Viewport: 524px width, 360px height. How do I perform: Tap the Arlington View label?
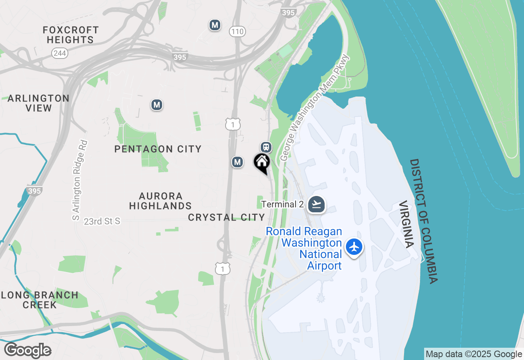(x=38, y=103)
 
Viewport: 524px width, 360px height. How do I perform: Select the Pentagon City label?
(x=158, y=149)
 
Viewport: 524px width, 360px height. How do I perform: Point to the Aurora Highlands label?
(x=160, y=201)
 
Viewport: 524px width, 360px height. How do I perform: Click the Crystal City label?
(x=226, y=217)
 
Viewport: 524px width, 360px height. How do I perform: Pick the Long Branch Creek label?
(x=39, y=300)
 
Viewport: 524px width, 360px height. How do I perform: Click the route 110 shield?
(x=237, y=32)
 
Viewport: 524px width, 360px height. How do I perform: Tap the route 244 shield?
(x=60, y=53)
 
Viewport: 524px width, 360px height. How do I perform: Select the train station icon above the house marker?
(x=266, y=147)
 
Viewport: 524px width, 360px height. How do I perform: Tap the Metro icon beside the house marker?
(x=237, y=162)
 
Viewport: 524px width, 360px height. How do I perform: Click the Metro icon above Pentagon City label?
(x=156, y=105)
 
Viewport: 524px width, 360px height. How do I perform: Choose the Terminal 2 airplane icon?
(x=316, y=204)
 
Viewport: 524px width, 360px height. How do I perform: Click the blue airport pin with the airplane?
(x=354, y=247)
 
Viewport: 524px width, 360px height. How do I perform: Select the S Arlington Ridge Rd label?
(x=80, y=180)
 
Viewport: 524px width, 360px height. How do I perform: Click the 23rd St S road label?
(x=102, y=221)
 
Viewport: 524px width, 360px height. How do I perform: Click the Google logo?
(x=27, y=351)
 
